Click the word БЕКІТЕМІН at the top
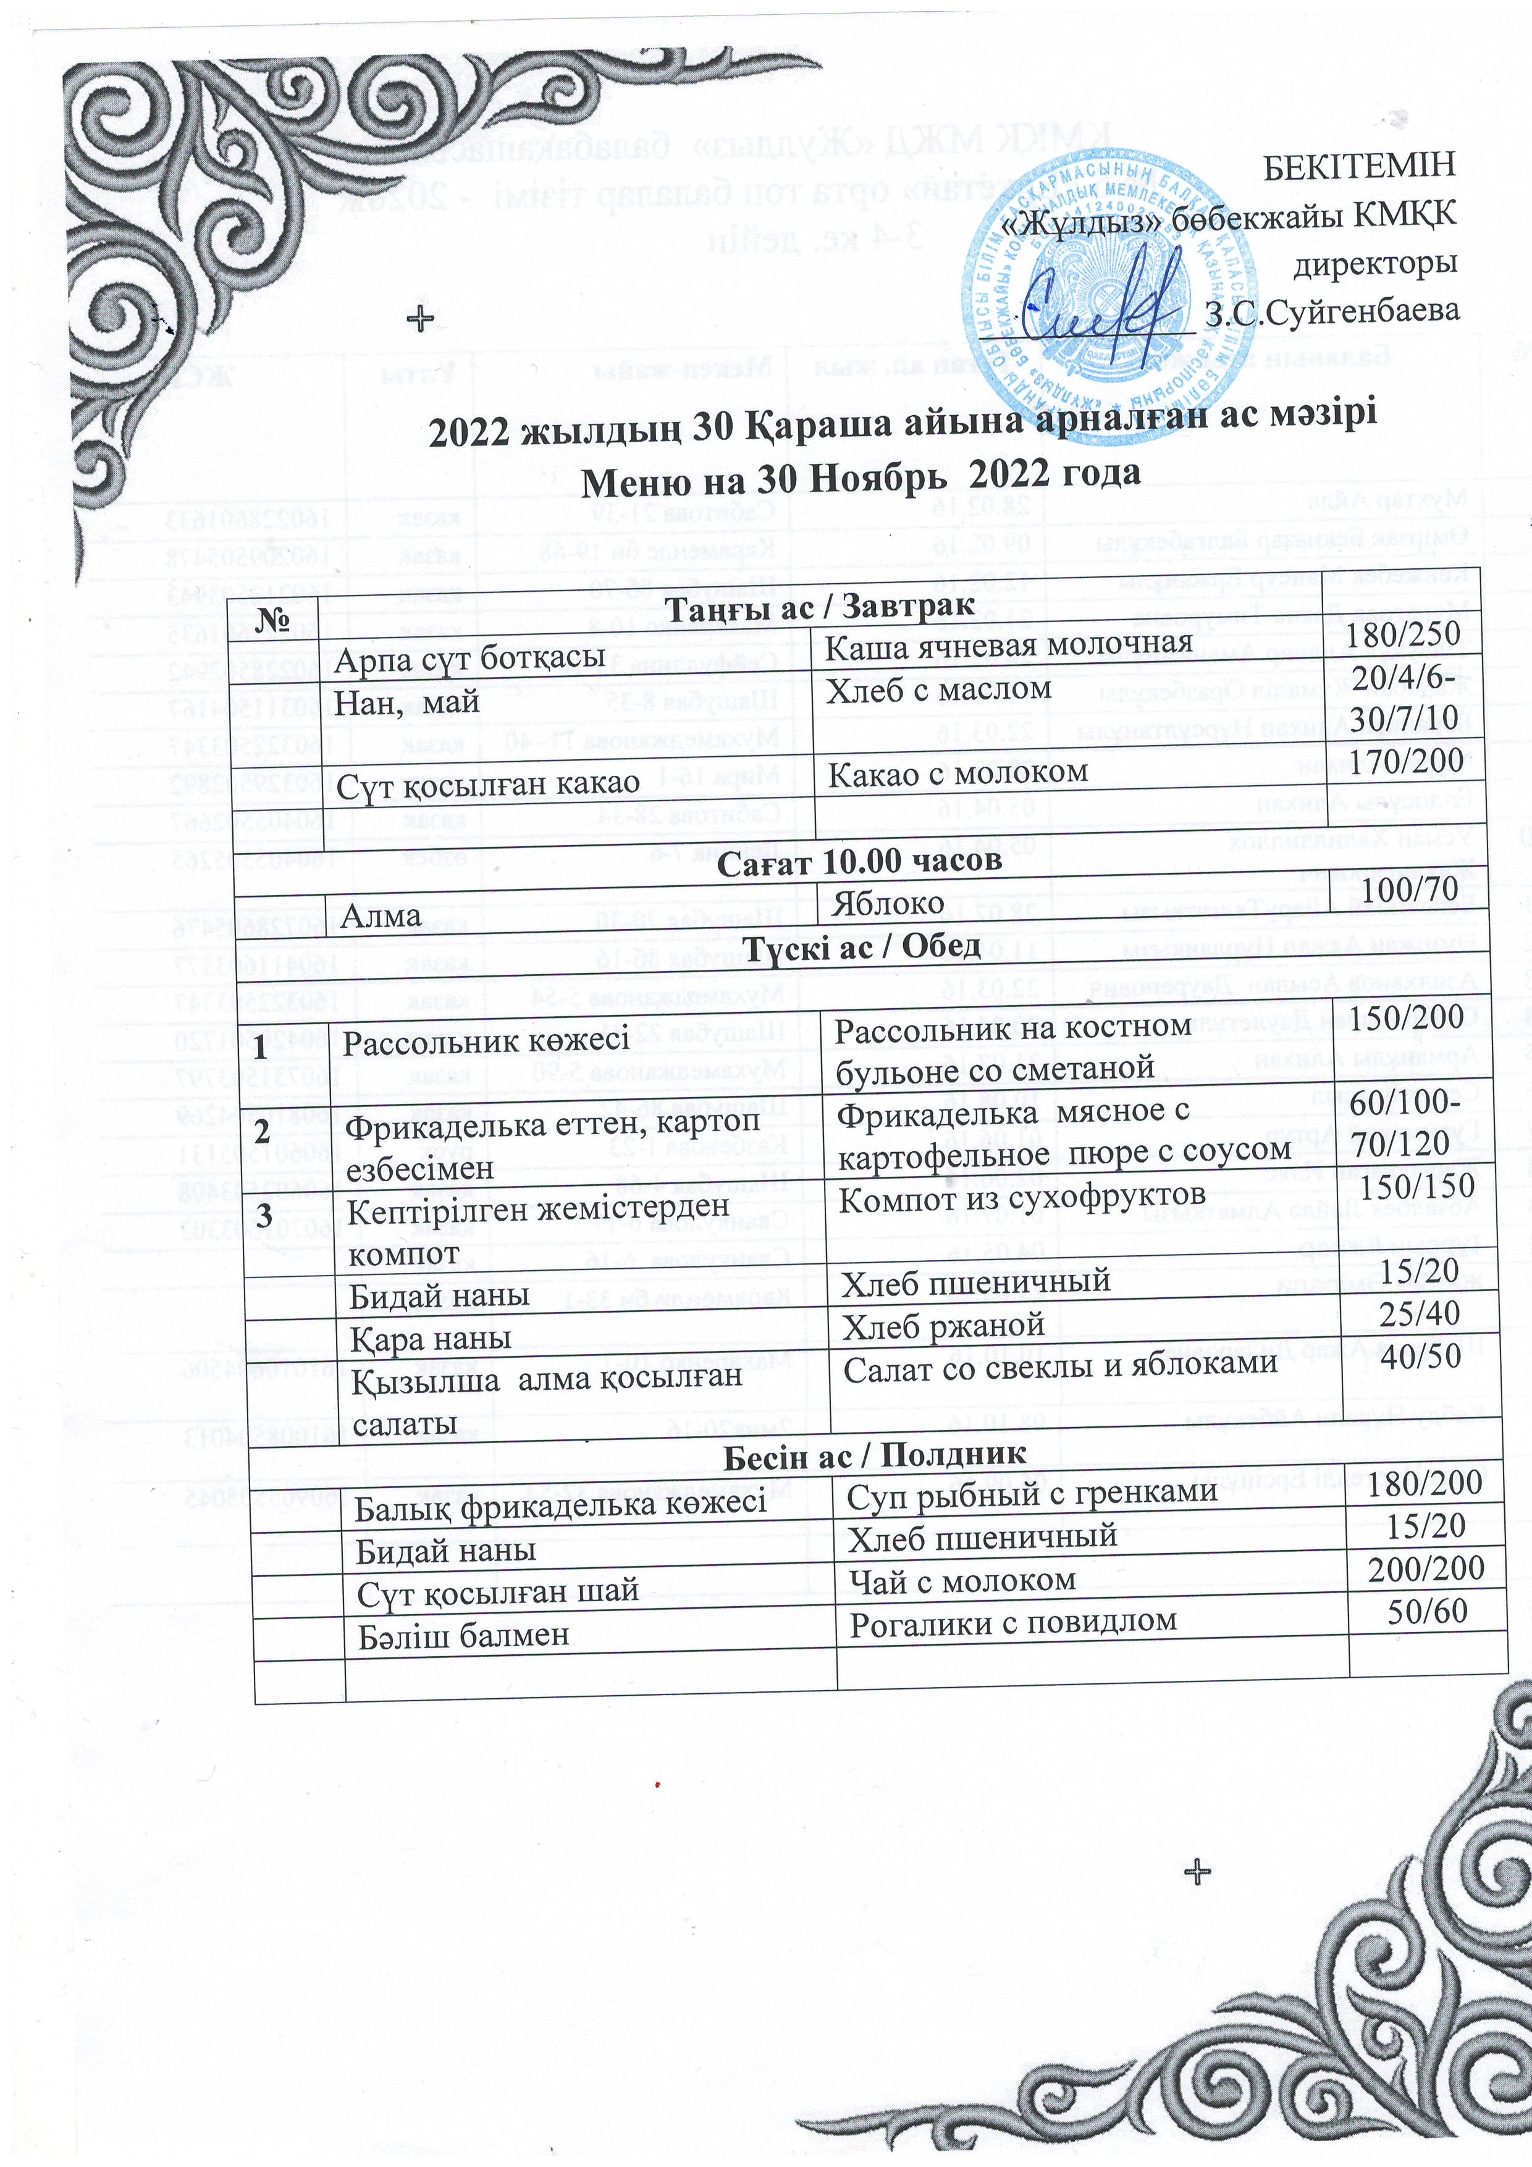[x=1359, y=166]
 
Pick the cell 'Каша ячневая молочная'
[x=1008, y=646]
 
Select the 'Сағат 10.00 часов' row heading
[x=859, y=860]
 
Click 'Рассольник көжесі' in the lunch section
[x=485, y=1041]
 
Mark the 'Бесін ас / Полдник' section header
[x=874, y=1454]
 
